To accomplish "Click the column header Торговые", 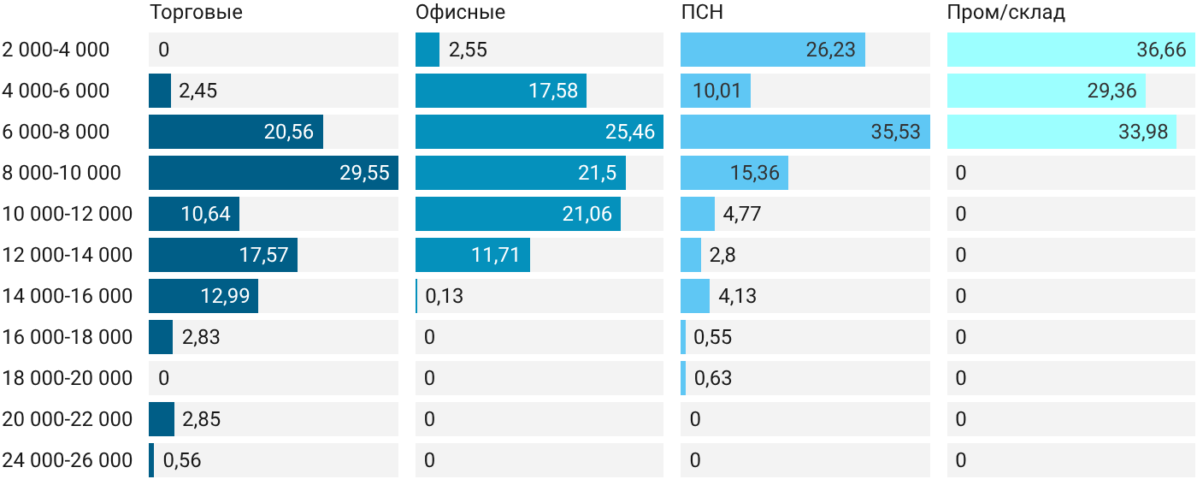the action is pos(196,12).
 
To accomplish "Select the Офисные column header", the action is pos(460,12).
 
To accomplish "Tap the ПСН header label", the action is pos(702,12).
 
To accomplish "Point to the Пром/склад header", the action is pos(1006,12).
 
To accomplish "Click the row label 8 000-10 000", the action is pos(62,173).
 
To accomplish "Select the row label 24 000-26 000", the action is pos(68,460).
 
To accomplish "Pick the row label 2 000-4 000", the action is pos(56,50).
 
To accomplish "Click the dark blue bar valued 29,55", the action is pos(274,173).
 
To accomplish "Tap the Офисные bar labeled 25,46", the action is pos(540,132).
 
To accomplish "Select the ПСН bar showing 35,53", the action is pos(805,132).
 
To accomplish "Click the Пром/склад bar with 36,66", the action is pos(1071,50).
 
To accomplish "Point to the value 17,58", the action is pos(553,91).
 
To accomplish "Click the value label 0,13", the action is pos(444,296).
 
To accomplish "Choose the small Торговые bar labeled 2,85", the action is pos(162,419).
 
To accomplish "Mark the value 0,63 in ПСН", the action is pos(713,378).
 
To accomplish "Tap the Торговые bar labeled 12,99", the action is pos(203,296).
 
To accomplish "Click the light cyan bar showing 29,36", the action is pos(1047,91).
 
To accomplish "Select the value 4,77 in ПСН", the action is pos(742,214).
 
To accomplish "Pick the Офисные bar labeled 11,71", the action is pos(473,255).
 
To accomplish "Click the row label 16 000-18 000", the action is pos(68,337).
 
